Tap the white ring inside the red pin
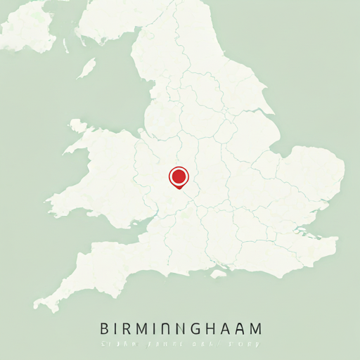click(179, 175)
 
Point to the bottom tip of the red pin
click(179, 188)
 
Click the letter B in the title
click(105, 328)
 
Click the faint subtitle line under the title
click(180, 345)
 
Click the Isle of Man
click(86, 68)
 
